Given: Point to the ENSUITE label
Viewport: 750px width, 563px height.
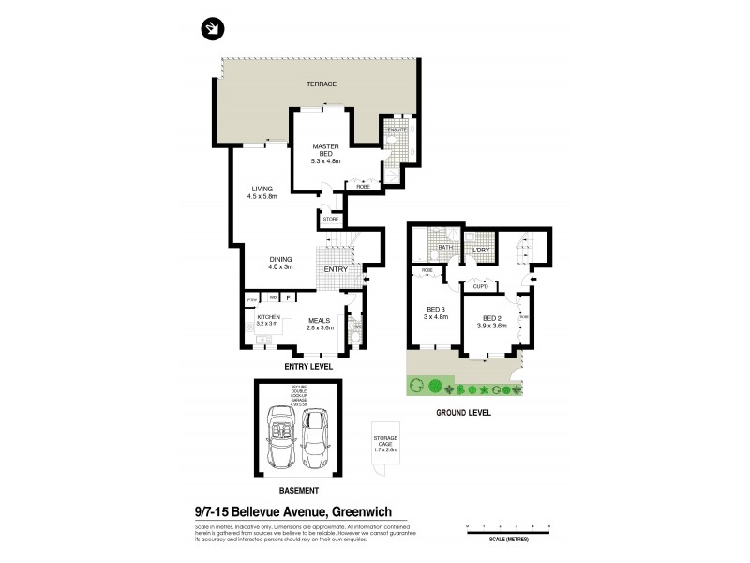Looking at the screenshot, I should [387, 129].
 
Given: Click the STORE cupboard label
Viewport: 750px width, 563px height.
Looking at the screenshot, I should [330, 220].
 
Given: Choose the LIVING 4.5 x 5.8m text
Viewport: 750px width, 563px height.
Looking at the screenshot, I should [262, 192].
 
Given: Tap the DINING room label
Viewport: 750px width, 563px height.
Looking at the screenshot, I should [280, 263].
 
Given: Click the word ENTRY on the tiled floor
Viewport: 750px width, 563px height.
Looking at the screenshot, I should [336, 269].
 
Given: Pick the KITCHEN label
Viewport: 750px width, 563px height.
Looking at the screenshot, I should [269, 318].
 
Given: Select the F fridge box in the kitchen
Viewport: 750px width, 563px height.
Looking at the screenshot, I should [288, 298].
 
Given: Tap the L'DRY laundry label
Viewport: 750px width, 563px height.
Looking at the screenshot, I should [481, 249].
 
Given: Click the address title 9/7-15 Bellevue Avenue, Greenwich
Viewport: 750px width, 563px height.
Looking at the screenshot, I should [292, 512].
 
